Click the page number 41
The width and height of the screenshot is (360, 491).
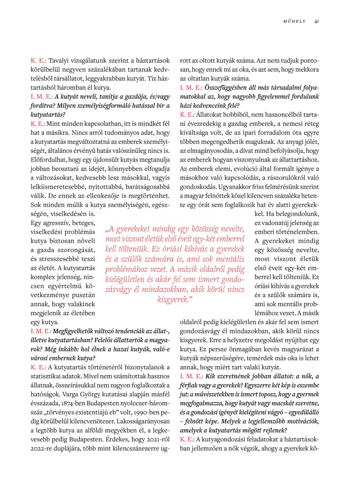317,21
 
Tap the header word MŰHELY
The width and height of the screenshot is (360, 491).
295,21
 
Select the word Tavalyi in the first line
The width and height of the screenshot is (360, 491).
60,60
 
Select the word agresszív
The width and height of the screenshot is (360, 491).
54,223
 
